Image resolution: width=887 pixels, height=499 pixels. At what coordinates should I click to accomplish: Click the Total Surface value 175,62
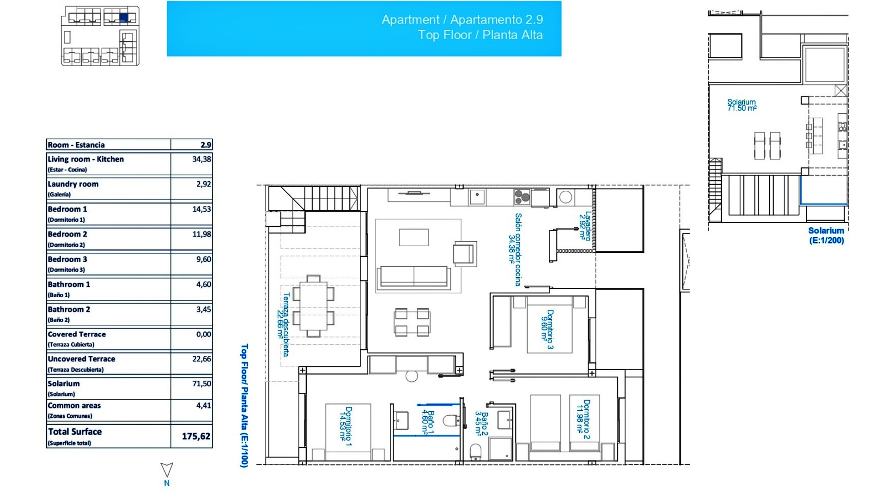pyautogui.click(x=196, y=436)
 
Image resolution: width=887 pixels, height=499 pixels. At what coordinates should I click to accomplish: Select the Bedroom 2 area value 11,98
pyautogui.click(x=201, y=234)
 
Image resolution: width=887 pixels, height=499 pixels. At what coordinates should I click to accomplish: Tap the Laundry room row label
pyautogui.click(x=73, y=184)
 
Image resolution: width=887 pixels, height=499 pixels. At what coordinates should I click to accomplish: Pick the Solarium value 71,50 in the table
pyautogui.click(x=201, y=383)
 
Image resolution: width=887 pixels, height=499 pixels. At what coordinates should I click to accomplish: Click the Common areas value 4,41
pyautogui.click(x=203, y=405)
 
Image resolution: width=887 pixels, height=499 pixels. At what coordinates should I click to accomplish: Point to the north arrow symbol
pyautogui.click(x=167, y=470)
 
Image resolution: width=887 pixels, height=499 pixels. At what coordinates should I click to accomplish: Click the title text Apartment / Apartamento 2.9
pyautogui.click(x=462, y=19)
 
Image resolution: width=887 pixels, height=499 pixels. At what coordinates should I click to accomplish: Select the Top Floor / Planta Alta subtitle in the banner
pyautogui.click(x=480, y=35)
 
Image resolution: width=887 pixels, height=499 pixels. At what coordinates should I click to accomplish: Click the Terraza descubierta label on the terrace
pyautogui.click(x=283, y=324)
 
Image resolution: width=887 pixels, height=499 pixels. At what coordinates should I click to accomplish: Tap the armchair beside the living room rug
pyautogui.click(x=464, y=254)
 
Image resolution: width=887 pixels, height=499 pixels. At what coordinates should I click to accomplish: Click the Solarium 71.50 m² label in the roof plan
pyautogui.click(x=741, y=105)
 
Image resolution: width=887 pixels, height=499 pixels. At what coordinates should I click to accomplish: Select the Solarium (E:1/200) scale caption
pyautogui.click(x=826, y=235)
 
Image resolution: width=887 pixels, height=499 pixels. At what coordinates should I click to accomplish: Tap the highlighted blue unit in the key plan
pyautogui.click(x=123, y=18)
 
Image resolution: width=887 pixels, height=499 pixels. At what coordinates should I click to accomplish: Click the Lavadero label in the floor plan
pyautogui.click(x=585, y=226)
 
